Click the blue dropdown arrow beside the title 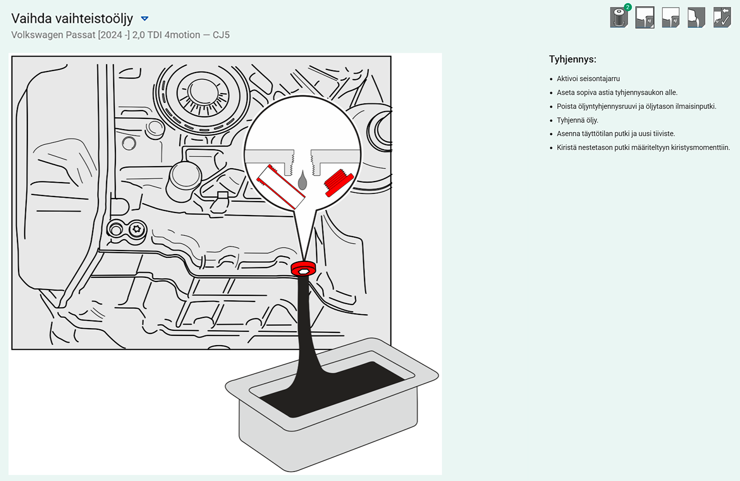pyautogui.click(x=144, y=19)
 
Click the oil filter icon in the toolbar pyautogui.click(x=618, y=17)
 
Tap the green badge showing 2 pyautogui.click(x=628, y=7)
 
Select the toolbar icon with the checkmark pyautogui.click(x=722, y=17)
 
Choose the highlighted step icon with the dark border pyautogui.click(x=645, y=17)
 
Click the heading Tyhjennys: pyautogui.click(x=573, y=60)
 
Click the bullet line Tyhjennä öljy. pyautogui.click(x=577, y=120)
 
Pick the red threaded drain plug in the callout pyautogui.click(x=339, y=183)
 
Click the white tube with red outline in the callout pyautogui.click(x=281, y=187)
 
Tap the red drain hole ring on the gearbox pyautogui.click(x=303, y=269)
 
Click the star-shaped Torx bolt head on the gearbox pyautogui.click(x=137, y=229)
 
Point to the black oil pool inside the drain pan pyautogui.click(x=334, y=389)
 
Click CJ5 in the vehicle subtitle pyautogui.click(x=221, y=35)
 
